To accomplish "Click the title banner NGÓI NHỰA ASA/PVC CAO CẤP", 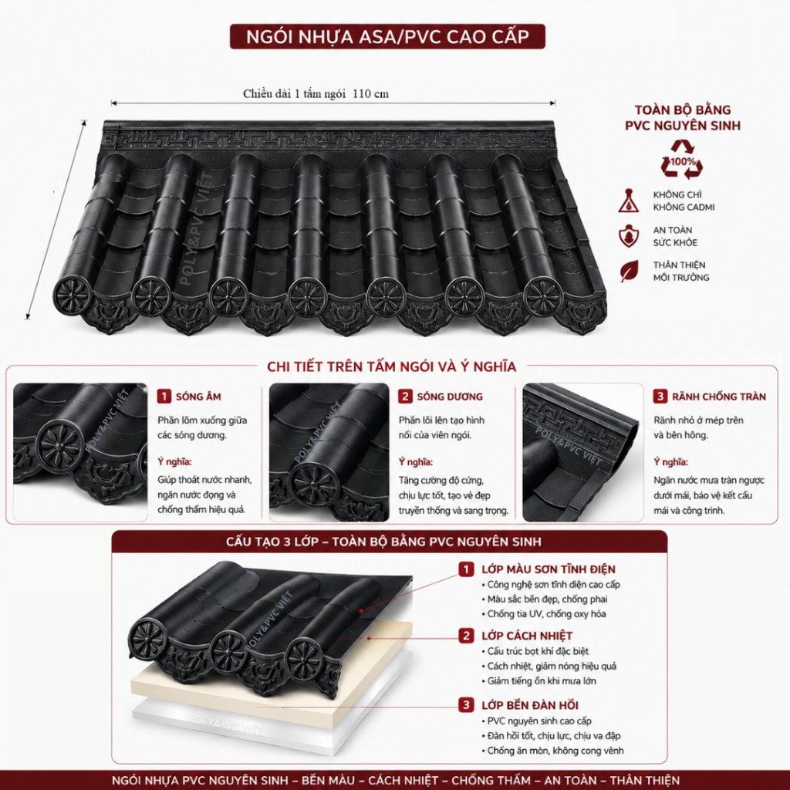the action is (387, 36).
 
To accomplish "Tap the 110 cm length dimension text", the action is (370, 93).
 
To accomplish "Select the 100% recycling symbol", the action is (682, 159).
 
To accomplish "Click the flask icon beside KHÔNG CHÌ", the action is (629, 201).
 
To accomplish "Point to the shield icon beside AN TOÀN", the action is (629, 236).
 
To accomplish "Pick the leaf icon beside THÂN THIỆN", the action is (630, 271).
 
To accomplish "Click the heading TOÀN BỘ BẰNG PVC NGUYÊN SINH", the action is (683, 117).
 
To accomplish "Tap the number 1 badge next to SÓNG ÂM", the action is (164, 396).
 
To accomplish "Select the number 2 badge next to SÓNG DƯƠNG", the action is (405, 396).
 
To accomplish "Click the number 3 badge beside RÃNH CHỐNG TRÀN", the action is (660, 396).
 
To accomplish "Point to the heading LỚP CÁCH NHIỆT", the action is (527, 636).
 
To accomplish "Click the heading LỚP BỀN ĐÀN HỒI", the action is (530, 705).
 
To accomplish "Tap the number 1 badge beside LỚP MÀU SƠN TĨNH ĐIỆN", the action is (466, 569).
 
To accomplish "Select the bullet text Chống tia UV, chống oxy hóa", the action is (546, 613).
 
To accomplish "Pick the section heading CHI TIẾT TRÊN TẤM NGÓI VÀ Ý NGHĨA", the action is (391, 366).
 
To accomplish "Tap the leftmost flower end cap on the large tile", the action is (73, 296).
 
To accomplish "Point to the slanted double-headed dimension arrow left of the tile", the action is (56, 220).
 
